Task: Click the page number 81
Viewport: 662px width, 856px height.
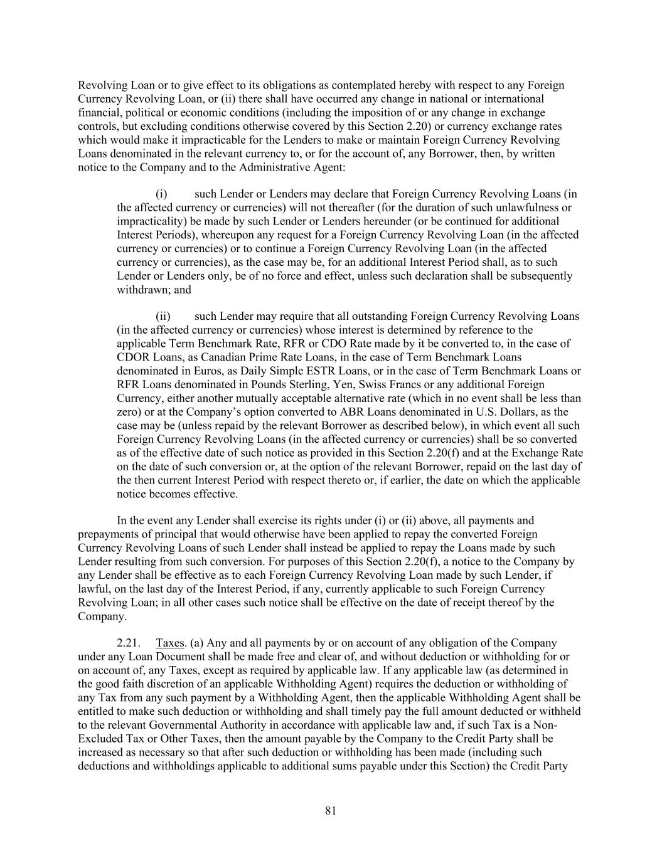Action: point(331,811)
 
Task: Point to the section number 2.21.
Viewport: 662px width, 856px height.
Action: point(128,643)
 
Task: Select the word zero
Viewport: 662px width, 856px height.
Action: point(128,412)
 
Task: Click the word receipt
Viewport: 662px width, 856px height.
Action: point(479,602)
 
